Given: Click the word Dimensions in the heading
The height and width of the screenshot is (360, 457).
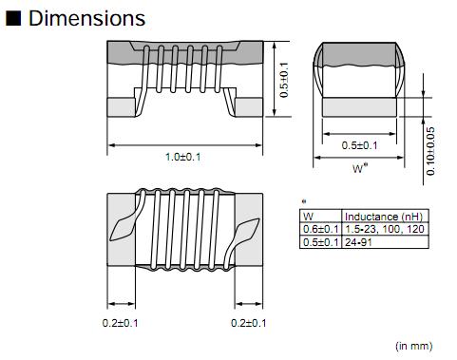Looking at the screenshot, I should coord(87,18).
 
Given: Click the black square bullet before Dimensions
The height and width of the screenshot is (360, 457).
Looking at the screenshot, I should coord(14,18).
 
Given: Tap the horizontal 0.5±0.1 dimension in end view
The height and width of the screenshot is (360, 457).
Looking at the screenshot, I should coord(359,145).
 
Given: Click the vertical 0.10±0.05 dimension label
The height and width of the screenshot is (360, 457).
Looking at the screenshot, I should coord(431,150).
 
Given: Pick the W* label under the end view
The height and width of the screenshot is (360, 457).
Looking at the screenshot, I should coord(359,169).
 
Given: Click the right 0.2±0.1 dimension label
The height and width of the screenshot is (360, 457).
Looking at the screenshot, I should coord(250,323).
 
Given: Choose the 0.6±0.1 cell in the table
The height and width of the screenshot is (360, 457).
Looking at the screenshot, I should coord(319,228).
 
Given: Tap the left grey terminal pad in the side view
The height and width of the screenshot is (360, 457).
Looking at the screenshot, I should coord(123,105).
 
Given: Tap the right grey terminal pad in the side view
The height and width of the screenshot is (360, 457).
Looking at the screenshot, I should coord(249,105).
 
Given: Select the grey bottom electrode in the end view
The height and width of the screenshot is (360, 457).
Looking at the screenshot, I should coord(359,104).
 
